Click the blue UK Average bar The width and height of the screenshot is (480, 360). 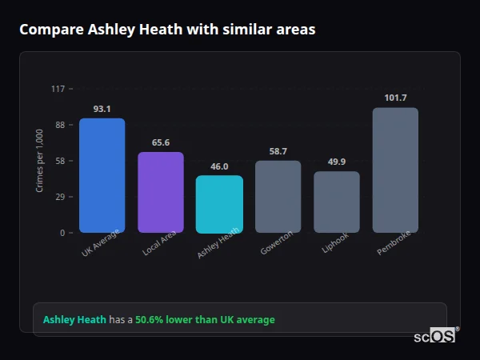102,175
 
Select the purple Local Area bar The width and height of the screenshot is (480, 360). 160,192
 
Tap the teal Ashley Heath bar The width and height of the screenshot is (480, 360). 219,204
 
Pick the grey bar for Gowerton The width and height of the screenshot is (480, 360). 278,196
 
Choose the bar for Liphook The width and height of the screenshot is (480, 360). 336,202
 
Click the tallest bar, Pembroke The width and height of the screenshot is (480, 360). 395,170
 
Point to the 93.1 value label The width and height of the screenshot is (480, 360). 102,109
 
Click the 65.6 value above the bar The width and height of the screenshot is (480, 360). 160,142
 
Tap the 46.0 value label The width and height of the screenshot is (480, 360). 219,166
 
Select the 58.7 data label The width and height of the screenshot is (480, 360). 278,151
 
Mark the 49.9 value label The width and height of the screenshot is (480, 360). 336,162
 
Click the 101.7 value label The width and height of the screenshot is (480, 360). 395,98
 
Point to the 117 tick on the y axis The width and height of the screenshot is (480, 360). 58,89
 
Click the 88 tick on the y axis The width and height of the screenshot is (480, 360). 59,125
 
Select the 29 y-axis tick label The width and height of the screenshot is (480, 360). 59,197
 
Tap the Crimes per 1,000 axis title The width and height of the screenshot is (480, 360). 40,160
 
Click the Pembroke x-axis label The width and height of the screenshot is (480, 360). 394,245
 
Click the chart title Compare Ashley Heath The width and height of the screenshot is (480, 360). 167,30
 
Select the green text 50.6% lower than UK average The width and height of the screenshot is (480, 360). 205,320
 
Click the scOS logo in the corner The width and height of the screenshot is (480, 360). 434,336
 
